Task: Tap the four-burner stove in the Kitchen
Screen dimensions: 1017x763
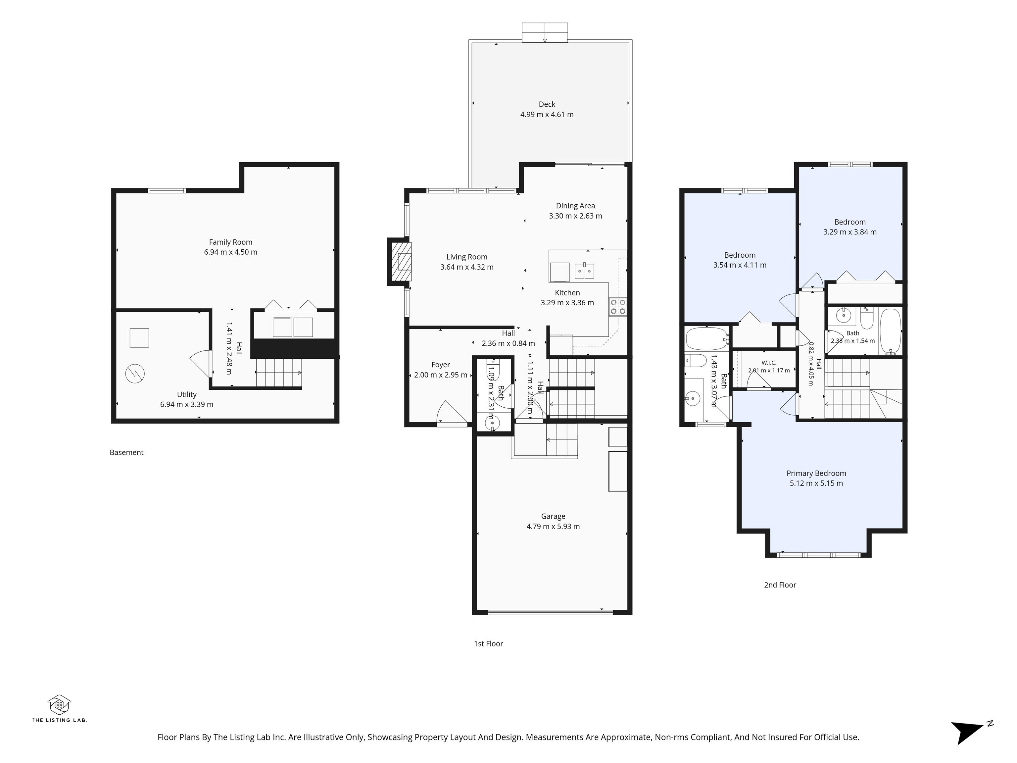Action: (618, 307)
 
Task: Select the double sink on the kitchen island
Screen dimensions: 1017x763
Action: (584, 271)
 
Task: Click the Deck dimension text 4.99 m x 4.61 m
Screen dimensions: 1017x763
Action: (547, 115)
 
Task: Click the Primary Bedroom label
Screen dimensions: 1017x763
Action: (816, 473)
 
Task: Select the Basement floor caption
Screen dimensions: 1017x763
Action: (126, 453)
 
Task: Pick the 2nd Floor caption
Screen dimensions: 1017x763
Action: (780, 585)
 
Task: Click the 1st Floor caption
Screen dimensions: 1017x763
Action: (488, 644)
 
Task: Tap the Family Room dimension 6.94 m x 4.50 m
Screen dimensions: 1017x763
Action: (230, 252)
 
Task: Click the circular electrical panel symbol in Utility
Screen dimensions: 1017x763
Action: (135, 374)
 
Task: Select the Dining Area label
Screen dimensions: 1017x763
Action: (575, 206)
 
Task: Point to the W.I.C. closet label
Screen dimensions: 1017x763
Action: (769, 363)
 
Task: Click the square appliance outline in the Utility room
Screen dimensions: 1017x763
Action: (139, 337)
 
